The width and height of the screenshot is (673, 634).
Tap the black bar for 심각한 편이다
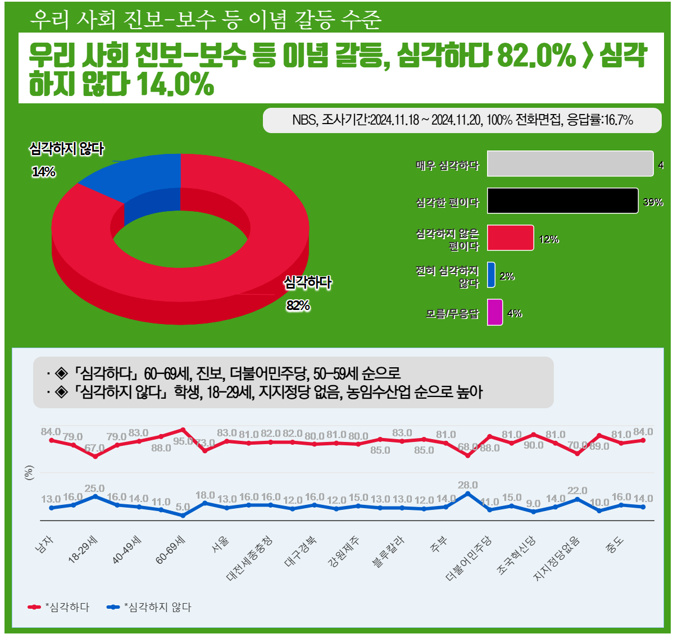(562, 201)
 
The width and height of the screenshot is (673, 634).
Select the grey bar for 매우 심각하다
(570, 164)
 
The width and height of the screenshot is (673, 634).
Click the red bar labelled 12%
(510, 238)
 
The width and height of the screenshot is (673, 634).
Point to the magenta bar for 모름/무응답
(494, 312)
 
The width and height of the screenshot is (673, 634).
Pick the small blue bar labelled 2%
(492, 275)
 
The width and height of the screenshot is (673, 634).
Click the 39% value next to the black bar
(653, 202)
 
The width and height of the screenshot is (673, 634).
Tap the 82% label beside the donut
(298, 305)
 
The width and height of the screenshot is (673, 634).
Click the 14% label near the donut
(43, 172)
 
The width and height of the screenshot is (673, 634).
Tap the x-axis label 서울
(220, 544)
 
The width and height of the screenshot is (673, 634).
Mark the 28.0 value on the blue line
(467, 485)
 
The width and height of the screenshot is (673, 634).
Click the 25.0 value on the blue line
(94, 489)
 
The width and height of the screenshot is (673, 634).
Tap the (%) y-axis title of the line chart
(29, 473)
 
